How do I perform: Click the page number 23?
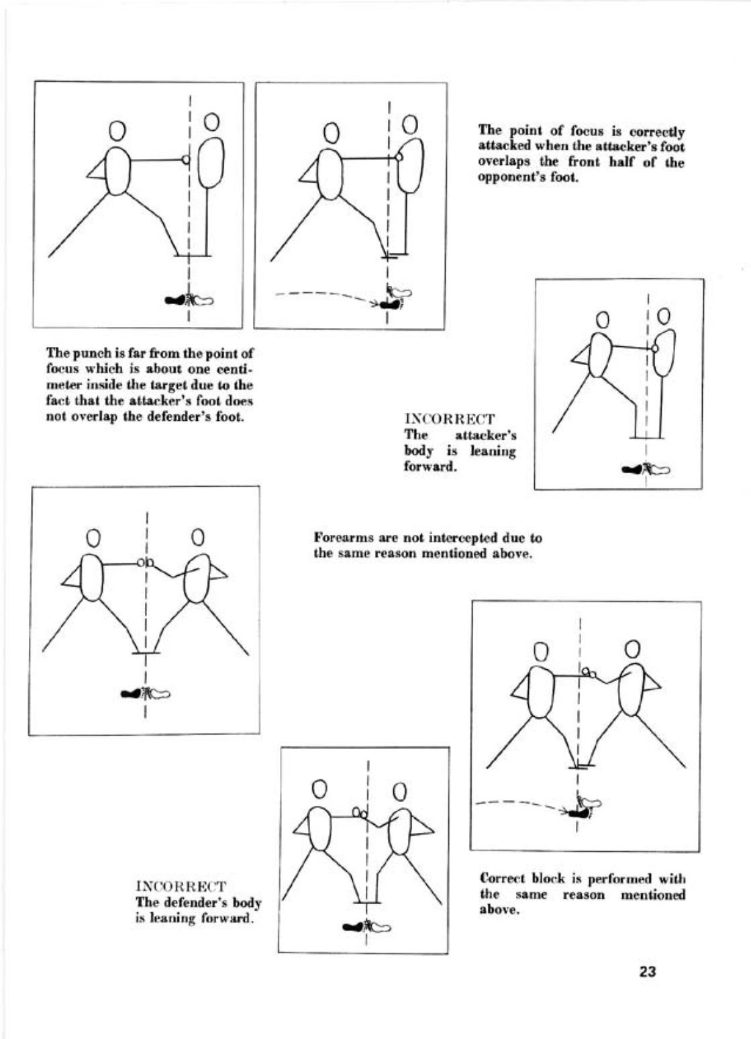coord(647,972)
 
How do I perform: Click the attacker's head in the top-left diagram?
coord(117,130)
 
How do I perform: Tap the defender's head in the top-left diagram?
coord(211,121)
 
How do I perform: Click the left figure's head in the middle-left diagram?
coord(94,538)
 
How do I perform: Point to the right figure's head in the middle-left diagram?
coord(197,537)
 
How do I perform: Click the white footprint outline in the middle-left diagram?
coord(160,694)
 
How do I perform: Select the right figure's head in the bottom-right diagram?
coord(632,649)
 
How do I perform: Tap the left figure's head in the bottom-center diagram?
coord(320,787)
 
